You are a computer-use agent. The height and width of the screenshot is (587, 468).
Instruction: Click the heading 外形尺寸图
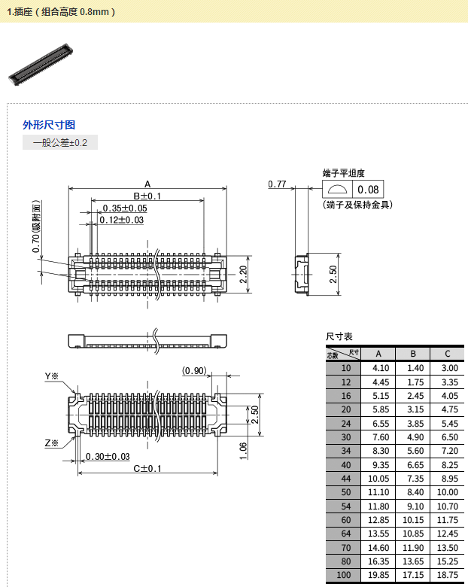tap(49, 125)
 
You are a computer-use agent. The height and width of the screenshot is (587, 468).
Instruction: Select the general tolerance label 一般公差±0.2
tap(60, 142)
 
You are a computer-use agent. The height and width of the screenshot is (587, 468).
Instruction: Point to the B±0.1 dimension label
tap(147, 196)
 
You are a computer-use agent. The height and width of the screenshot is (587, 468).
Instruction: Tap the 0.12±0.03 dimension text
tap(121, 220)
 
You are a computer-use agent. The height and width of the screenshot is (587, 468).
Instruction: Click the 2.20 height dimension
tap(243, 274)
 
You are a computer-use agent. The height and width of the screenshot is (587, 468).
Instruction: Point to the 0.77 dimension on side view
tap(278, 184)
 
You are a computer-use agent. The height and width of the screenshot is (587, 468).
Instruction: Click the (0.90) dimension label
tap(194, 370)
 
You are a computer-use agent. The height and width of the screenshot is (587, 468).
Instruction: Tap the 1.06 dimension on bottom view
tap(242, 450)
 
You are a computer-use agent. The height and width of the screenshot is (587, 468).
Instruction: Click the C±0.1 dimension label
tap(148, 469)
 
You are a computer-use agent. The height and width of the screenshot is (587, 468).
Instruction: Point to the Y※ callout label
tap(51, 376)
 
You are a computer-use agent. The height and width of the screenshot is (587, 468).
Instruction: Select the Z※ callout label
tap(51, 443)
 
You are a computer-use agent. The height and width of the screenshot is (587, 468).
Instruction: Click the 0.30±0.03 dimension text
tap(108, 457)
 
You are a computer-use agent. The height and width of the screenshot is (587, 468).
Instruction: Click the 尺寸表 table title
tap(339, 336)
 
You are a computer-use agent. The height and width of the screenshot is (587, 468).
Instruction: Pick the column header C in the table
tap(447, 354)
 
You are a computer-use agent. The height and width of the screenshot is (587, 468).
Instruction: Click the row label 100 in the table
tap(345, 576)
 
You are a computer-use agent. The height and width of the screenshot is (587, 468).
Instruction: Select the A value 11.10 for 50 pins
tap(378, 491)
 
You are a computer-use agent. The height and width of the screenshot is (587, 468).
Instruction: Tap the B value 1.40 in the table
tap(412, 368)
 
